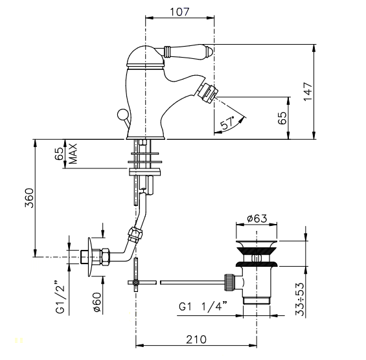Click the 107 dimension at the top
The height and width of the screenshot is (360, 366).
coord(179,12)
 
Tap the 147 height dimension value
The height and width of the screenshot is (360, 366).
coord(308,91)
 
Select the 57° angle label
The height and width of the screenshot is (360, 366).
coord(228,123)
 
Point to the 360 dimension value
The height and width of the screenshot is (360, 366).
coord(29,198)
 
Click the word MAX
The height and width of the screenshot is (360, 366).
coord(73,153)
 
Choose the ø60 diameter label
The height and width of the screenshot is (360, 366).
coord(97,302)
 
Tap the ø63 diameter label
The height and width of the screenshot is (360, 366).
coord(257,219)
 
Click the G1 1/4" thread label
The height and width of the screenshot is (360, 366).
coord(203,306)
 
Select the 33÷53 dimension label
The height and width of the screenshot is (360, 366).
coord(300,299)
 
